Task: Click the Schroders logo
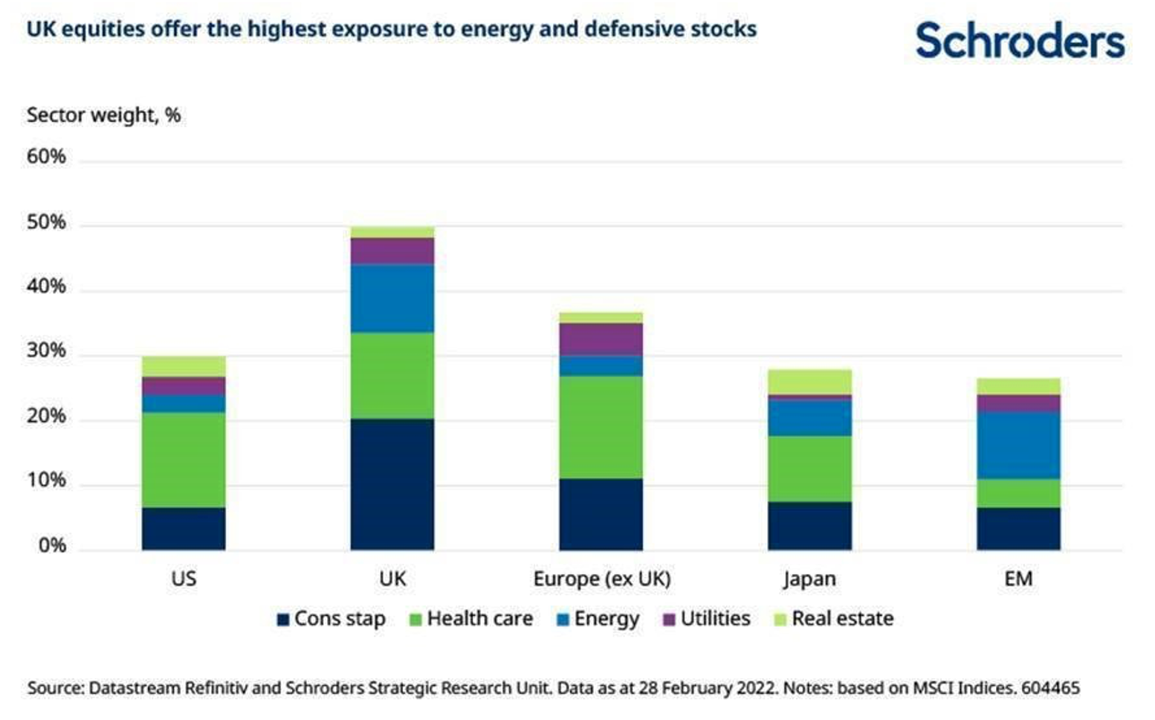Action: point(1020,40)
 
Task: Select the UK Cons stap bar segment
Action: point(392,484)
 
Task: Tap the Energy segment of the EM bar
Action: point(1018,445)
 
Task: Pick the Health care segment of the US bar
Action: point(184,460)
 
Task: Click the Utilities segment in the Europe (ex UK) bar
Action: point(601,339)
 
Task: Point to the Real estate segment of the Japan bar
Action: point(809,382)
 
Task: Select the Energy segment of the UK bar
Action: point(392,298)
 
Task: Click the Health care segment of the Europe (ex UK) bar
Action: point(601,427)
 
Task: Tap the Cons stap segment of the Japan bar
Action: point(809,526)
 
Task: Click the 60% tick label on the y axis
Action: point(46,157)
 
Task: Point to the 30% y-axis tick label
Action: point(46,351)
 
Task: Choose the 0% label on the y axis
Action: point(52,546)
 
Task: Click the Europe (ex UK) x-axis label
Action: point(601,579)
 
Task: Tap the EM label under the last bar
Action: point(1018,579)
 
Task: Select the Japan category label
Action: point(809,579)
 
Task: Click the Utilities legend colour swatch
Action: point(669,619)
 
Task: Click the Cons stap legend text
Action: point(340,619)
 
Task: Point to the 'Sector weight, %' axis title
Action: point(104,115)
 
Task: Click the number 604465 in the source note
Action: point(1050,688)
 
